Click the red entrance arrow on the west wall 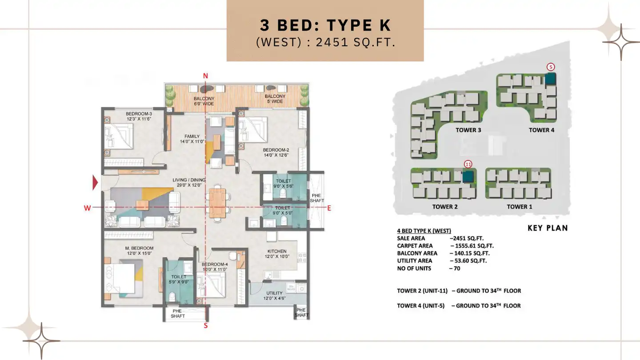click(95, 183)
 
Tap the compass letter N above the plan click(205, 76)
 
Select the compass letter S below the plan click(205, 325)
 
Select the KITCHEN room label click(277, 251)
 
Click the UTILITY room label click(274, 293)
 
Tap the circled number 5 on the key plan click(551, 67)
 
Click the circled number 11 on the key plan click(468, 164)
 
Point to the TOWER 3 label click(468, 130)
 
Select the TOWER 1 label click(519, 207)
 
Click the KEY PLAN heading click(548, 228)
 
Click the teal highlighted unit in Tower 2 click(468, 176)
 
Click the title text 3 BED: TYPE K click(325, 26)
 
